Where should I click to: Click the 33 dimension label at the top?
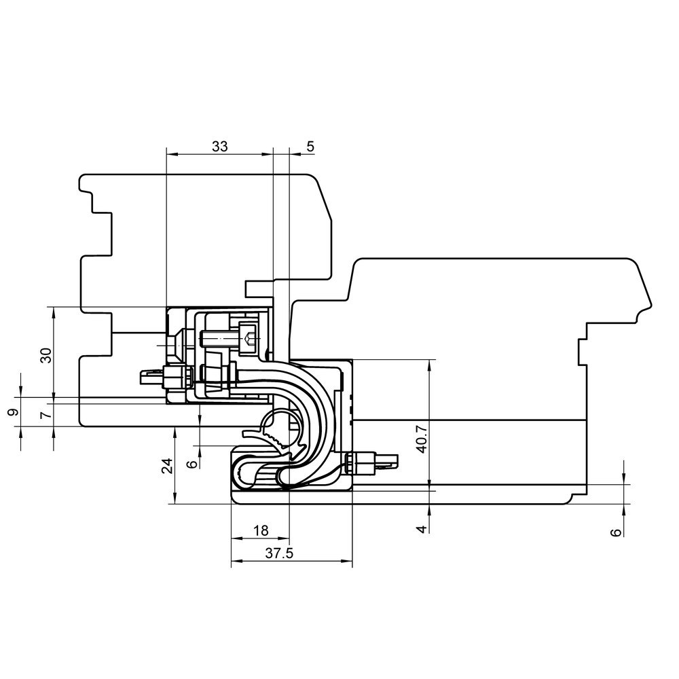219,147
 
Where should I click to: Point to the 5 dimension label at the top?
310,147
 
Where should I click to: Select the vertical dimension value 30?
46,355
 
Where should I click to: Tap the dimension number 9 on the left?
14,411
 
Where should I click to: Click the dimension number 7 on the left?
46,415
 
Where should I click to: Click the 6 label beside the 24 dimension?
192,464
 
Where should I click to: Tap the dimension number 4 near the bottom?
422,528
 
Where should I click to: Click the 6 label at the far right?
615,532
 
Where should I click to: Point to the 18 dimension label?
261,530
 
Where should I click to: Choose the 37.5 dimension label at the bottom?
279,553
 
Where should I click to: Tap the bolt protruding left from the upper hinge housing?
166,376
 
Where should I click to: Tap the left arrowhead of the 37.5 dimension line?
236,562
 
